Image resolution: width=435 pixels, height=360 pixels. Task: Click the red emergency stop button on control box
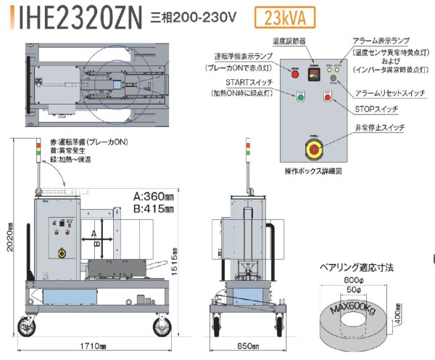tap(314, 148)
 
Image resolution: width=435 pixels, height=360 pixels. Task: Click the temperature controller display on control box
tap(314, 74)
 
